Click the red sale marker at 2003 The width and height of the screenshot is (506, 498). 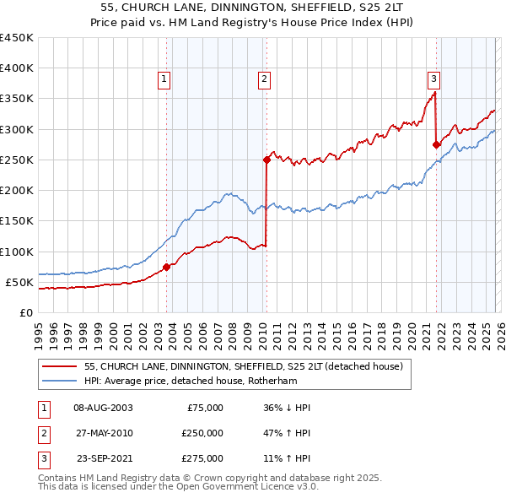coord(166,267)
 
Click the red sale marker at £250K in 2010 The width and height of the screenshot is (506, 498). coord(266,159)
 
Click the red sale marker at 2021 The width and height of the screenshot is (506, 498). coord(436,144)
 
